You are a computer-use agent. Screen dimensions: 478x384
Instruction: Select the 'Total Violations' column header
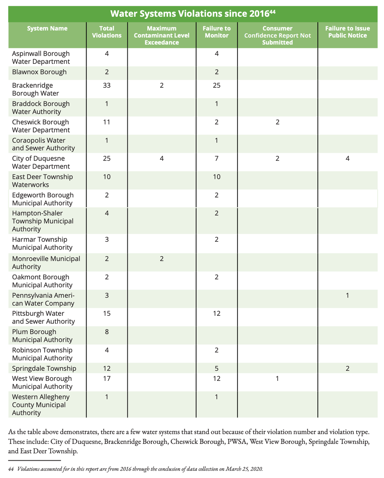pyautogui.click(x=107, y=32)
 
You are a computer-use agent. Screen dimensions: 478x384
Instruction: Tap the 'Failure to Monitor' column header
pyautogui.click(x=216, y=32)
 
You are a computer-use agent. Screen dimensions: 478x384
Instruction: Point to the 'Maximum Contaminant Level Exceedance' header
pyautogui.click(x=161, y=35)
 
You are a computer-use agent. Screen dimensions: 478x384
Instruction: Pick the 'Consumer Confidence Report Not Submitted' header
pyautogui.click(x=277, y=35)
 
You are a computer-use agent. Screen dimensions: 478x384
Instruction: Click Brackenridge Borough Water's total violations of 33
pyautogui.click(x=107, y=85)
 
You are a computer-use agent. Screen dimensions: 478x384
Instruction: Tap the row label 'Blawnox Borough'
pyautogui.click(x=39, y=72)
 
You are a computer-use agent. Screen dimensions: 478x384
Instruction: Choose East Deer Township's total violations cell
pyautogui.click(x=107, y=177)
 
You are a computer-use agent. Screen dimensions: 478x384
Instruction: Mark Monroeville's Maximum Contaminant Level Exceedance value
pyautogui.click(x=161, y=259)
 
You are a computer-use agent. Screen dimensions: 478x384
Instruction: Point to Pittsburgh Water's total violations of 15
pyautogui.click(x=107, y=314)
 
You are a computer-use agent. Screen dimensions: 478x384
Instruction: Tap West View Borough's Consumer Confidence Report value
pyautogui.click(x=277, y=379)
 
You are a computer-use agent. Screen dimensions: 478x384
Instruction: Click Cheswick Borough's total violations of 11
pyautogui.click(x=107, y=122)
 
